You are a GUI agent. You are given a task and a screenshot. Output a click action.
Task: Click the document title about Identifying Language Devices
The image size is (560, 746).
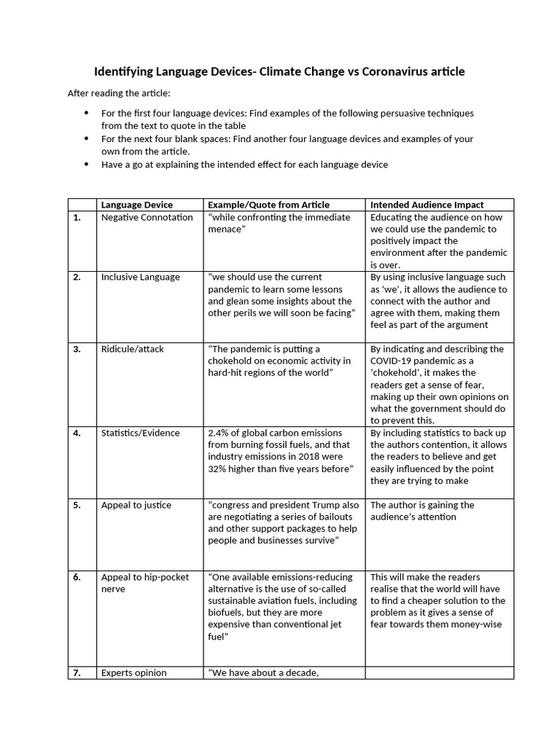point(279,71)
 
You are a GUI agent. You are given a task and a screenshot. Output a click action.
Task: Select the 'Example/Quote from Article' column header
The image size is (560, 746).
point(268,205)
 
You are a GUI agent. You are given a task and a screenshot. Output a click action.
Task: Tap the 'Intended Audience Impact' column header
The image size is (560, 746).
point(427,205)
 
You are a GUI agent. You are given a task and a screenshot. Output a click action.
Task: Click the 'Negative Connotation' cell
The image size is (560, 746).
point(147,217)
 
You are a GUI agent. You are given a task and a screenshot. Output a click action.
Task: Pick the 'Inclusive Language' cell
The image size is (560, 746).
point(140,277)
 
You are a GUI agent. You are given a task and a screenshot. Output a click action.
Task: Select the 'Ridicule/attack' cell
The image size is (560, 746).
point(132,349)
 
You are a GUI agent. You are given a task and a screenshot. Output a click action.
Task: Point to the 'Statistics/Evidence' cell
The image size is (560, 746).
point(140,433)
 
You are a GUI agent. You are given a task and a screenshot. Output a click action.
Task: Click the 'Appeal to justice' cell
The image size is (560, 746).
point(137,505)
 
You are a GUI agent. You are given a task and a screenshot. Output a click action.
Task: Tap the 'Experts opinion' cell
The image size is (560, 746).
point(133,672)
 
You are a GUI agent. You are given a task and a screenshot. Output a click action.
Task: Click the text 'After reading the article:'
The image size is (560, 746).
point(118,93)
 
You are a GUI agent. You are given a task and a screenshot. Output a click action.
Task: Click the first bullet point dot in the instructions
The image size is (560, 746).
point(87,113)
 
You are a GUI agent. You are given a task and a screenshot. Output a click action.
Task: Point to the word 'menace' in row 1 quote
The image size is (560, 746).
point(226,229)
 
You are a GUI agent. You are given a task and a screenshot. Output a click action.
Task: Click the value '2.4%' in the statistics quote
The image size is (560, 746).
point(219,433)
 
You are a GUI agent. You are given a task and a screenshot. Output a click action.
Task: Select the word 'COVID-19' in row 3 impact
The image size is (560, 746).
point(393,361)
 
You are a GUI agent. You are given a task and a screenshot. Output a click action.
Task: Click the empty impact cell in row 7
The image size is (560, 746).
point(439,672)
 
